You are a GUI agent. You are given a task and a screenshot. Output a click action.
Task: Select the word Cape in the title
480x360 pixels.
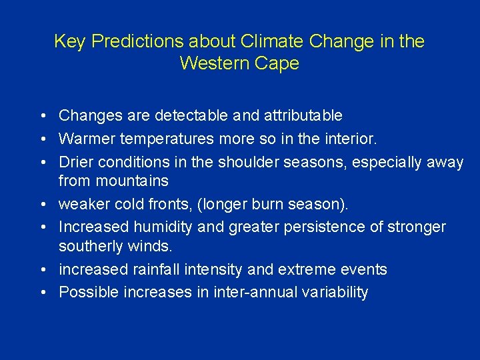coord(279,64)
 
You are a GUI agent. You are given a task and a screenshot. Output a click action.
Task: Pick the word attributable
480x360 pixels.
coord(303,116)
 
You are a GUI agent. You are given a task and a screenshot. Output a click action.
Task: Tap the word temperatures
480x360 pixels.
coord(165,139)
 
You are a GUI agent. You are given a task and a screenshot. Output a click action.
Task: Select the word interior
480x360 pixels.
coord(350,139)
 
